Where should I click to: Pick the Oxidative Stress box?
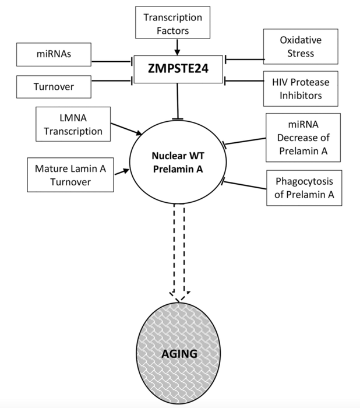[x=300, y=47]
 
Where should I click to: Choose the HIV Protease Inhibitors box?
[x=300, y=87]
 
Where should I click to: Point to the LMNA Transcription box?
[x=73, y=124]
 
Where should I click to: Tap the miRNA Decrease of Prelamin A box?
[x=303, y=138]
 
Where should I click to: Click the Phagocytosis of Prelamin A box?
[x=304, y=188]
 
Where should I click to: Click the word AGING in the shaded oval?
[x=179, y=354]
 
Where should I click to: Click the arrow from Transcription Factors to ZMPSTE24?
[x=178, y=46]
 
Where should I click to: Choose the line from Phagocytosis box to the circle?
[x=245, y=186]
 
